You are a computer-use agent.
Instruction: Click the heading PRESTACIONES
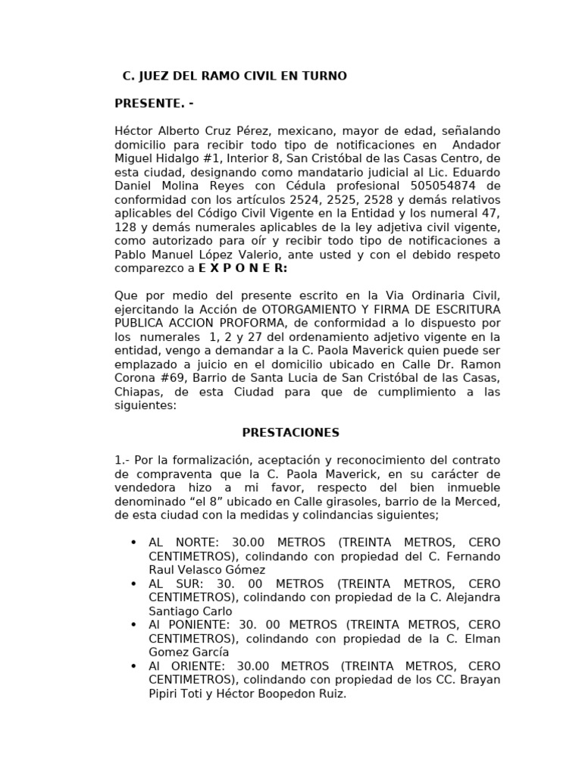click(291, 433)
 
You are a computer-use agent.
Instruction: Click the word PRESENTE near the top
click(149, 103)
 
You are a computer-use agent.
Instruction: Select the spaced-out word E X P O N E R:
click(242, 268)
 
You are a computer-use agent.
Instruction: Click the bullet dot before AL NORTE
click(133, 543)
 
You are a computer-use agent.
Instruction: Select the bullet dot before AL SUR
click(133, 584)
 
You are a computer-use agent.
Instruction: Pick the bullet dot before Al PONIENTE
click(133, 624)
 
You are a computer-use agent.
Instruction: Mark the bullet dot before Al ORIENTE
click(133, 665)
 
